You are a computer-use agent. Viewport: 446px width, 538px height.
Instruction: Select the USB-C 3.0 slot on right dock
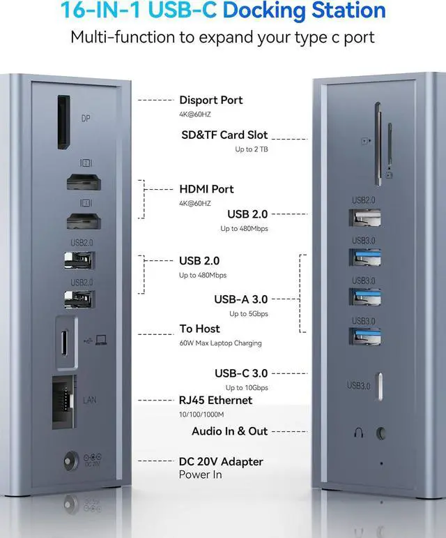click(x=380, y=384)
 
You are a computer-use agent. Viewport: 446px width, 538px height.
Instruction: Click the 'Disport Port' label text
click(x=211, y=100)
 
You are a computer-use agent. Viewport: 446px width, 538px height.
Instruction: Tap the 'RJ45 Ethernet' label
click(x=215, y=401)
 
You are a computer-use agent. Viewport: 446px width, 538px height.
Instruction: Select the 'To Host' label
click(x=199, y=329)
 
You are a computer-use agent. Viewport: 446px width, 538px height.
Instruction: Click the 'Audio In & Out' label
click(x=230, y=431)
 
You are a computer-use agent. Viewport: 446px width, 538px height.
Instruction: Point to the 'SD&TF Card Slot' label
click(x=223, y=135)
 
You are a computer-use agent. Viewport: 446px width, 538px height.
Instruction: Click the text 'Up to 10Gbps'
click(x=246, y=388)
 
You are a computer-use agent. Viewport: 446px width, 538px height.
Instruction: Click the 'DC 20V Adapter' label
click(x=221, y=461)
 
